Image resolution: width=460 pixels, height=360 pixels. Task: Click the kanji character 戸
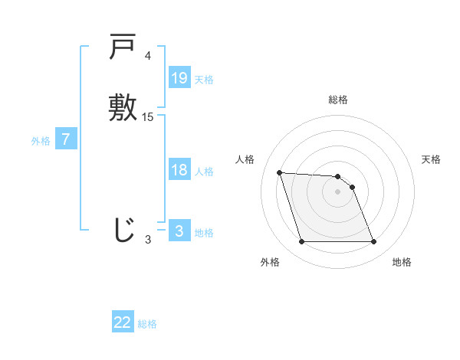click(123, 49)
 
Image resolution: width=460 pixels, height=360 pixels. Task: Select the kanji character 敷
click(123, 107)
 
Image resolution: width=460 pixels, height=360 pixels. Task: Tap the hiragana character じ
click(123, 230)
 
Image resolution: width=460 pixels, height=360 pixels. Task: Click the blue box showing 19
click(179, 78)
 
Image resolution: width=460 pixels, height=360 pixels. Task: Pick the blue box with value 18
click(179, 170)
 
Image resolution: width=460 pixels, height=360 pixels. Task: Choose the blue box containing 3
click(179, 231)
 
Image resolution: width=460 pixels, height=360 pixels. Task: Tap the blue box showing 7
click(67, 139)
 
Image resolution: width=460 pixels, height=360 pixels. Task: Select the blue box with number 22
click(123, 322)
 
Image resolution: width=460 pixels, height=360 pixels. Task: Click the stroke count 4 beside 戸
click(148, 56)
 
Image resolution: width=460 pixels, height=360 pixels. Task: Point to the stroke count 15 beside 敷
click(148, 117)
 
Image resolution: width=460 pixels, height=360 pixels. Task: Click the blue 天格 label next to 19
click(204, 80)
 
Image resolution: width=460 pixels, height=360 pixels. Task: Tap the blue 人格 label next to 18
click(204, 172)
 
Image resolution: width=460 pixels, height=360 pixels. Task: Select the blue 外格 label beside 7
click(41, 141)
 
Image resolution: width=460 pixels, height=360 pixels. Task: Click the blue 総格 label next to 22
click(147, 324)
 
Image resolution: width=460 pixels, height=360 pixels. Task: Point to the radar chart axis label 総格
click(338, 100)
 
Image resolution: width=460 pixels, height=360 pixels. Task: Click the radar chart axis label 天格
click(432, 159)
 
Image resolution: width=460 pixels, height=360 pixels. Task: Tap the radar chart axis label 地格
click(402, 262)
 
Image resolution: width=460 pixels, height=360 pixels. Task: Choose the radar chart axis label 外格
click(270, 262)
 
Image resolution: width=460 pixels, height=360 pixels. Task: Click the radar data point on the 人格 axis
click(279, 172)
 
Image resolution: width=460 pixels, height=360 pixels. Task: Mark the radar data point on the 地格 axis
click(374, 242)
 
